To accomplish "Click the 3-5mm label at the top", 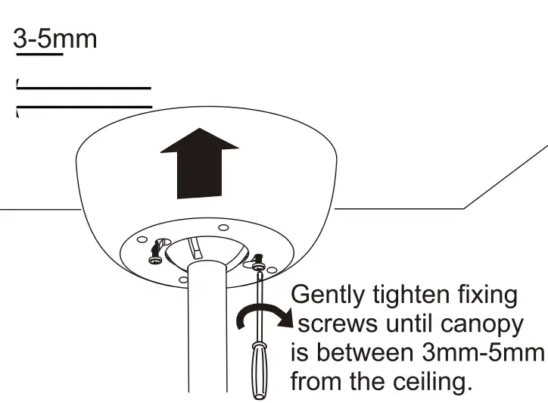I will [55, 37].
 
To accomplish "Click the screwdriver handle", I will [259, 367].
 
